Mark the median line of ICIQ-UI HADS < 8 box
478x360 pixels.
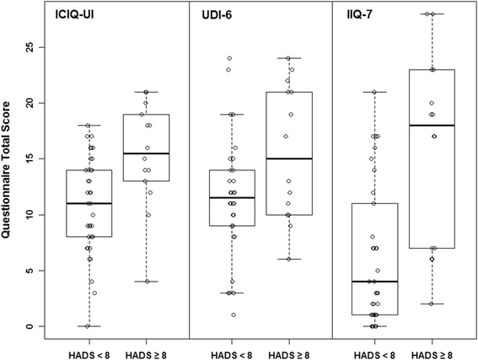88,203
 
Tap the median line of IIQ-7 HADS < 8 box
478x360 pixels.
375,282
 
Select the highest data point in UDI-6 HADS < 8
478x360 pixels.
229,58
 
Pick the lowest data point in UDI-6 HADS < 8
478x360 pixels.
234,315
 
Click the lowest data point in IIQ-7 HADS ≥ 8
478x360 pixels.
432,304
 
